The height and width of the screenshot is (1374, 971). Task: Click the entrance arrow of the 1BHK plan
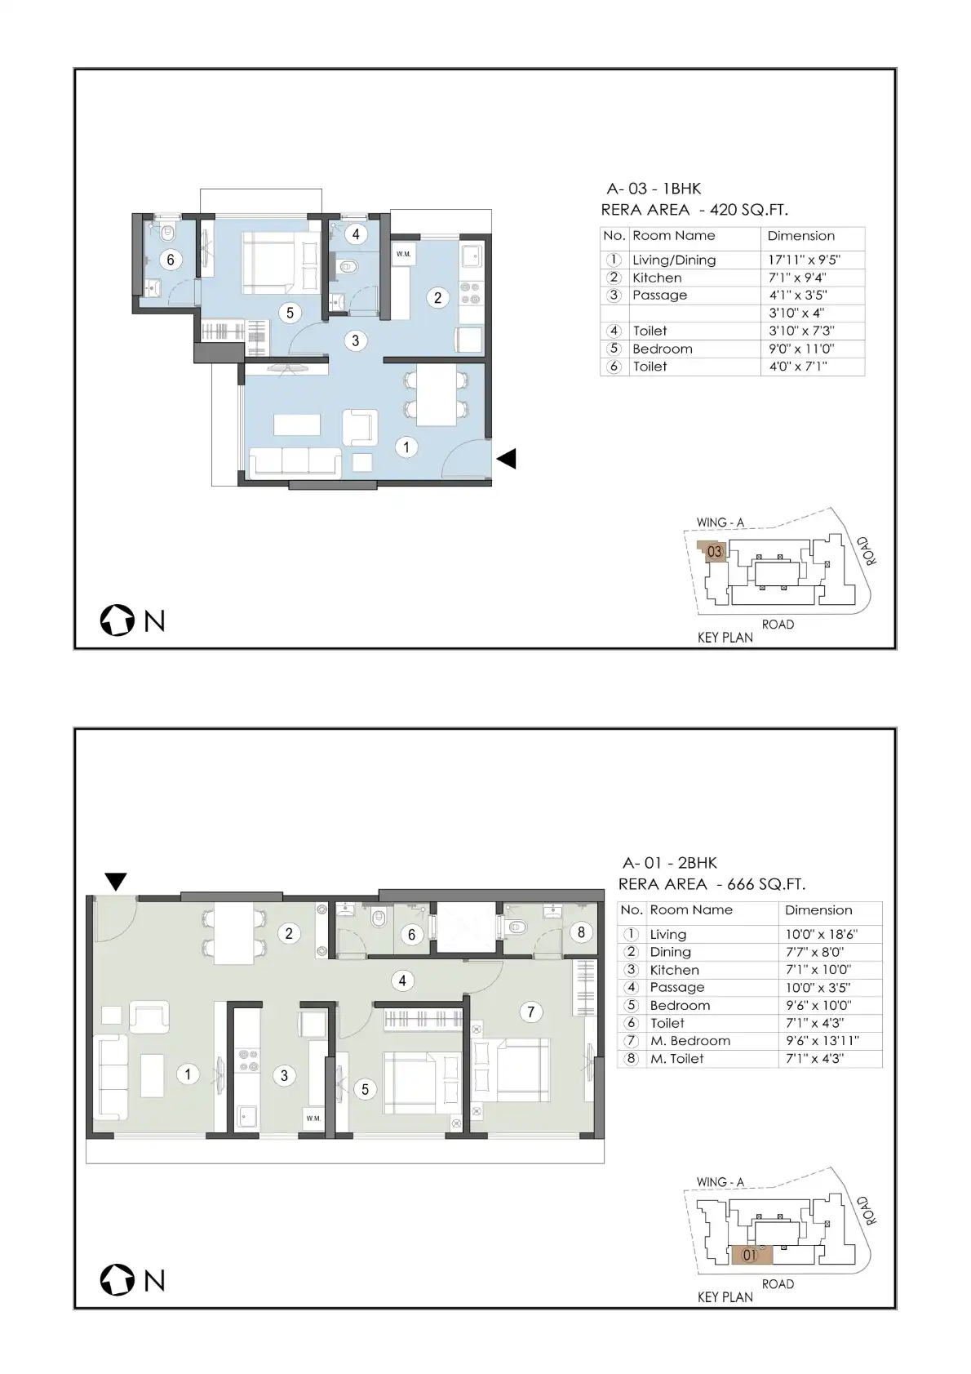[x=507, y=459]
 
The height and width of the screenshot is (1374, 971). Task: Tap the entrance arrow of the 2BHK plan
[x=116, y=882]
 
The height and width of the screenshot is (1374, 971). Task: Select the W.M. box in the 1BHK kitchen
[x=403, y=254]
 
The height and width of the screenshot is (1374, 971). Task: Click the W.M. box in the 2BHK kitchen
[x=313, y=1118]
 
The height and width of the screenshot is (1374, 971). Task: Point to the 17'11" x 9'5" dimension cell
[x=805, y=260]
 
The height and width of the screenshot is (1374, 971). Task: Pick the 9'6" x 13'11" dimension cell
[x=822, y=1040]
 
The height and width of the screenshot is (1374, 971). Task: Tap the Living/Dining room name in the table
[x=674, y=260]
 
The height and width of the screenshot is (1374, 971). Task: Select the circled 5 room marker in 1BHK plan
[x=290, y=313]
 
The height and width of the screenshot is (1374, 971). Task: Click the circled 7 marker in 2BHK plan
[x=531, y=1012]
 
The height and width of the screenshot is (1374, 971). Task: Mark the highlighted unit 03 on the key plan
[x=712, y=551]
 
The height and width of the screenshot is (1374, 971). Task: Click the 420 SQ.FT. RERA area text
[x=748, y=210]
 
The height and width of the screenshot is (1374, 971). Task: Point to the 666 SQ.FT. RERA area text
[x=765, y=884]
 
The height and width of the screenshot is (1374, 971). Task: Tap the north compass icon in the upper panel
[x=117, y=620]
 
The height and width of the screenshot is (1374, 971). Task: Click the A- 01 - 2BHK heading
[x=669, y=863]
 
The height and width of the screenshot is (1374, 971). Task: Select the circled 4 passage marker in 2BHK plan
[x=402, y=980]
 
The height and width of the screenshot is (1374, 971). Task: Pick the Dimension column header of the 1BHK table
[x=800, y=236]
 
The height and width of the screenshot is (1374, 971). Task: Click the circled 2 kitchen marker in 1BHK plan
[x=437, y=297]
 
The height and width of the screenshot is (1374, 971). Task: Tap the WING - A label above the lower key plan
[x=720, y=1181]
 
